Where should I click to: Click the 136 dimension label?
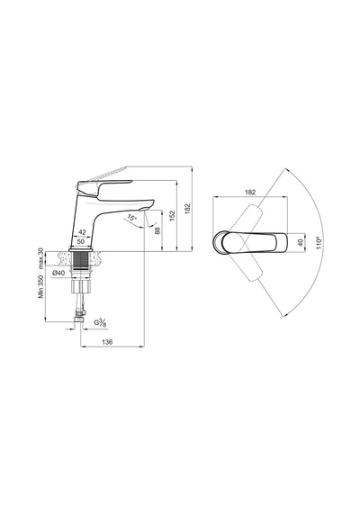107,342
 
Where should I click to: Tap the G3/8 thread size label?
101,322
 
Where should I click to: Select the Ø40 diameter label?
58,273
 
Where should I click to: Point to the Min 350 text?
40,286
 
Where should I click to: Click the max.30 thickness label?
40,258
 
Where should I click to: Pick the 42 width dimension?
83,232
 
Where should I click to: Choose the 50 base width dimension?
81,241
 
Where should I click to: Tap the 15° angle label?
131,218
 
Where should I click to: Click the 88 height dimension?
157,230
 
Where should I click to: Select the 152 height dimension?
173,216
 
